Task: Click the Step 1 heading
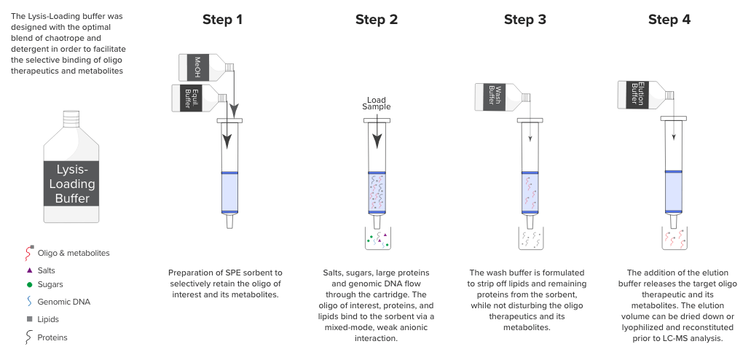(222, 20)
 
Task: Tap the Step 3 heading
(524, 20)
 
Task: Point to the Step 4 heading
(669, 20)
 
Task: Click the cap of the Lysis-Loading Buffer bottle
(70, 117)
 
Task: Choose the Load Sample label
(376, 103)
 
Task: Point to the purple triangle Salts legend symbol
(29, 270)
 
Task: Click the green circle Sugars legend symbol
(29, 285)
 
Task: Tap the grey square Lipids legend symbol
(29, 318)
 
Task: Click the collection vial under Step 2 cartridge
(377, 238)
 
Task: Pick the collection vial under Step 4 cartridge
(675, 238)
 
